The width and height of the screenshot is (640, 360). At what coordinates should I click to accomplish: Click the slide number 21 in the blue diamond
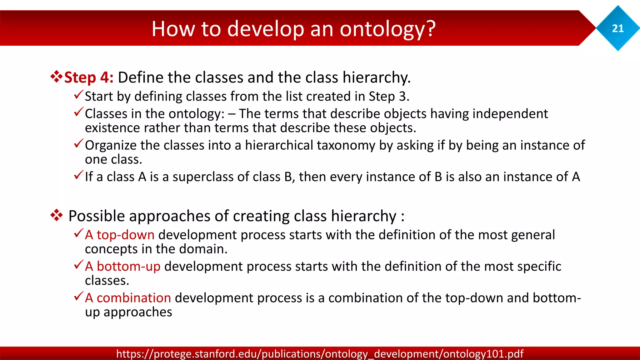click(x=618, y=28)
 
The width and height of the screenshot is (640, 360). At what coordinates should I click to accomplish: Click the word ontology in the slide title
click(x=387, y=29)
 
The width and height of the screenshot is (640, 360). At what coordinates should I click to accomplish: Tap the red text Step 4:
click(x=89, y=77)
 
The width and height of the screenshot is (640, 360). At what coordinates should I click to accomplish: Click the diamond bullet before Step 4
click(x=56, y=77)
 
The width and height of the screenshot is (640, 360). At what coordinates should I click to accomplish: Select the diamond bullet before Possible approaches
click(x=56, y=215)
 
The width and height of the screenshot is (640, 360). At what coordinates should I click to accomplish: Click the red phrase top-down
click(x=125, y=235)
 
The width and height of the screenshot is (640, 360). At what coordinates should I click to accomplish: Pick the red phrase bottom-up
click(x=128, y=266)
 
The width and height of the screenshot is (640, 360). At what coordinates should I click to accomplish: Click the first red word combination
click(x=134, y=298)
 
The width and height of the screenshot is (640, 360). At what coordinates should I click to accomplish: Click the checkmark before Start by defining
click(x=78, y=94)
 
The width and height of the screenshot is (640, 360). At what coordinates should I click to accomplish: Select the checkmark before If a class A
click(x=78, y=175)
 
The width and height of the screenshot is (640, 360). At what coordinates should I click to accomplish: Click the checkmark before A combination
click(x=78, y=296)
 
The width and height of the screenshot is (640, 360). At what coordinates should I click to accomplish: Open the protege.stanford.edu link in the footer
click(x=320, y=354)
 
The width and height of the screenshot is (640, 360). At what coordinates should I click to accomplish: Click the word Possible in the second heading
click(x=97, y=216)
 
